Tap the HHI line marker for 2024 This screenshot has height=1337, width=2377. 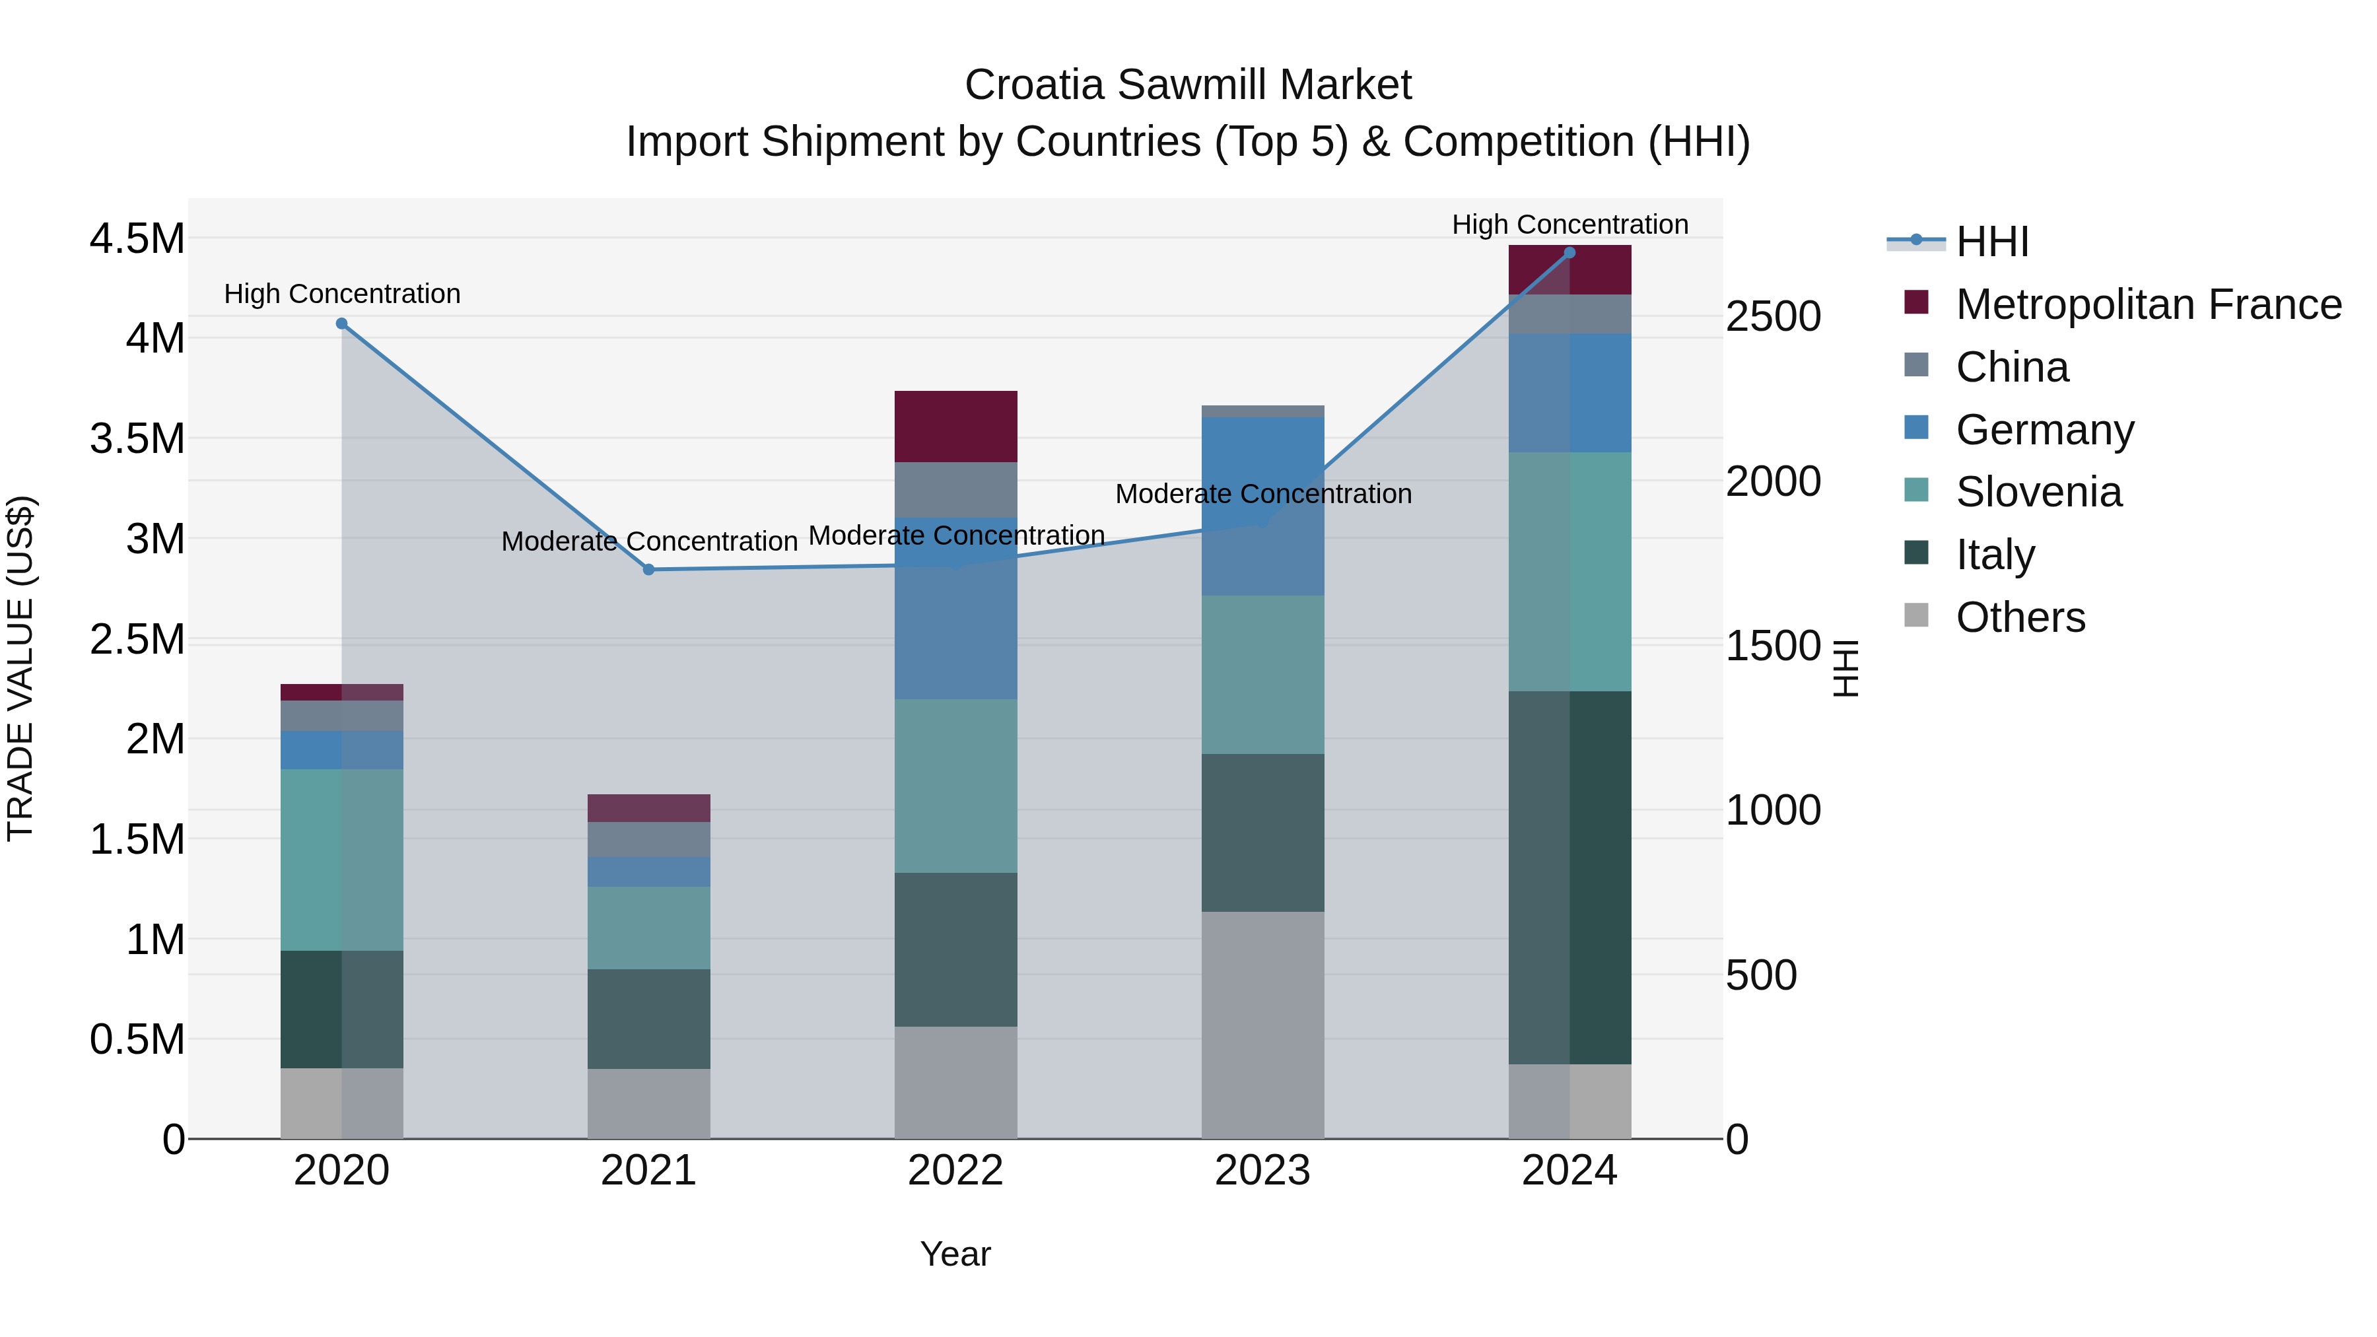click(1569, 253)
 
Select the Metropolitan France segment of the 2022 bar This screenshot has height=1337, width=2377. click(956, 427)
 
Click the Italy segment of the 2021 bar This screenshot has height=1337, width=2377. click(648, 1019)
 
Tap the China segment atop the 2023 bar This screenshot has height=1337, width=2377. click(1262, 411)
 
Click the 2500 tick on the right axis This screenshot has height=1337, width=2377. click(1773, 316)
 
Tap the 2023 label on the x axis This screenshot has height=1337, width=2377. click(1262, 1171)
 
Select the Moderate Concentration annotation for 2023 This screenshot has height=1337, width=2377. click(1262, 494)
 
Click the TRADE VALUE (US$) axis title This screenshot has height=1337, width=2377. click(20, 668)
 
